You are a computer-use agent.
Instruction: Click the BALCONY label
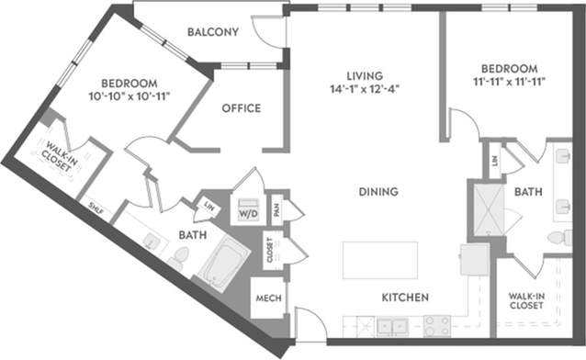[x=213, y=32]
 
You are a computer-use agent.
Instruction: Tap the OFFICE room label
[x=241, y=108]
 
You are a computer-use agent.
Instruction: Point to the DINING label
[x=378, y=192]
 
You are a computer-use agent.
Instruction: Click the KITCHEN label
[x=407, y=298]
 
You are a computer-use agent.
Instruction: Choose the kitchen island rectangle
[x=379, y=260]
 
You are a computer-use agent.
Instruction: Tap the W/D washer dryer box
[x=249, y=211]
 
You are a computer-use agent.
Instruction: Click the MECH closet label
[x=268, y=299]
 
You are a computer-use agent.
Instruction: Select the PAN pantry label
[x=276, y=210]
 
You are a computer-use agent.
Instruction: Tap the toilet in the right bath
[x=559, y=238]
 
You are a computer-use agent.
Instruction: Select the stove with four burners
[x=437, y=324]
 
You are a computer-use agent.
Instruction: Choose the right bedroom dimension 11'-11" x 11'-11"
[x=509, y=81]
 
